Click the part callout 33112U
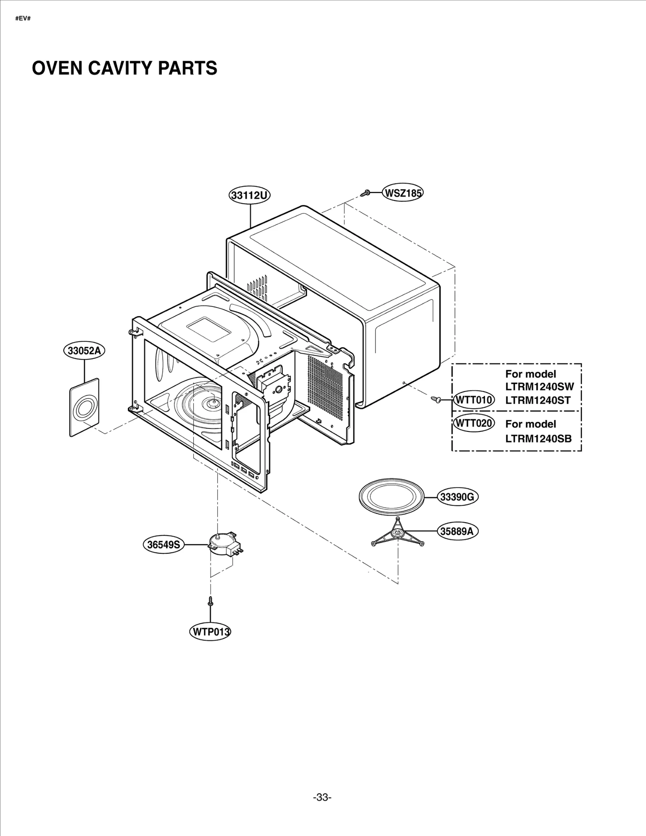(x=250, y=195)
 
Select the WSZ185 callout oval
(x=403, y=193)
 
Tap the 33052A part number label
(x=84, y=350)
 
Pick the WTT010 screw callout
(x=474, y=400)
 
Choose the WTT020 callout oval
(x=474, y=423)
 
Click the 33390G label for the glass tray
(x=457, y=497)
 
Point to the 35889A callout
(x=457, y=531)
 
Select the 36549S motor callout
(x=164, y=545)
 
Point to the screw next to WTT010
(x=435, y=399)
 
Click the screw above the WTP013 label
(x=210, y=602)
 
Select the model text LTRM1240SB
(x=538, y=438)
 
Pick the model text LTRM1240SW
(x=539, y=386)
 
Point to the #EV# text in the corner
(x=23, y=19)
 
